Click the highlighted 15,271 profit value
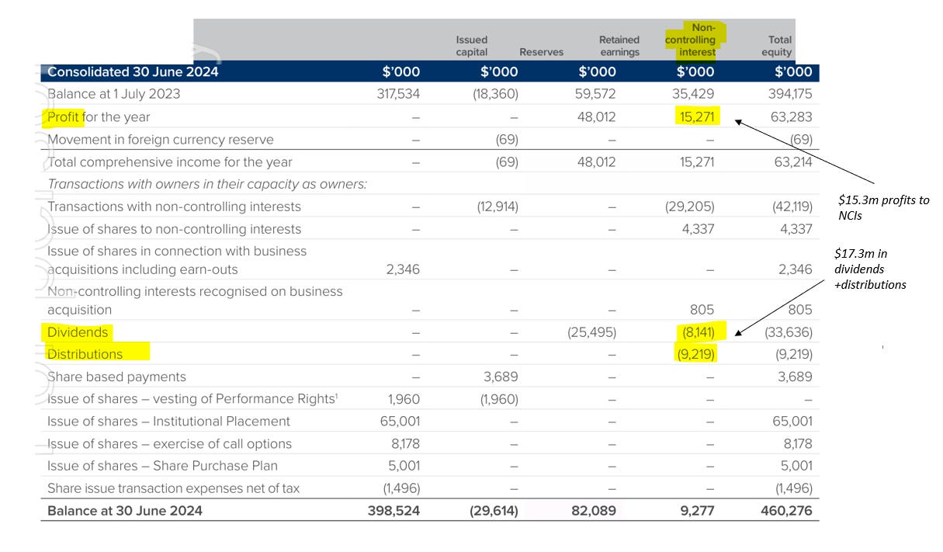pyautogui.click(x=695, y=117)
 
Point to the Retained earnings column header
pyautogui.click(x=619, y=46)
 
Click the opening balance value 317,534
pyautogui.click(x=397, y=94)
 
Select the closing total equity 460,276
pyautogui.click(x=785, y=512)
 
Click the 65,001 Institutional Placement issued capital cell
pyautogui.click(x=397, y=422)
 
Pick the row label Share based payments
pyautogui.click(x=117, y=377)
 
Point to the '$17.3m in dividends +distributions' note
pyautogui.click(x=869, y=269)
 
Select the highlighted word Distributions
pyautogui.click(x=85, y=354)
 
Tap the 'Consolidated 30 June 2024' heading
pyautogui.click(x=133, y=72)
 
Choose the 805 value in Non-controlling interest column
pyautogui.click(x=701, y=310)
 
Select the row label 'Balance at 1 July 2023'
pyautogui.click(x=113, y=94)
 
